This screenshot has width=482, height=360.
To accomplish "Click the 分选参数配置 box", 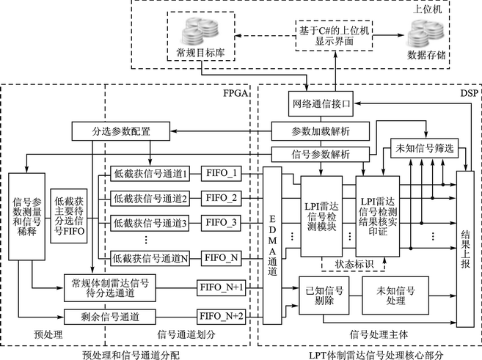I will click(x=120, y=131).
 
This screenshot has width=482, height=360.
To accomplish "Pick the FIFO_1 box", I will click(x=222, y=174).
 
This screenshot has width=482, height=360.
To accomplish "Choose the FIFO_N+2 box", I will click(x=224, y=317).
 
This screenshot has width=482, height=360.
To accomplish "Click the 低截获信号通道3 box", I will click(x=151, y=222).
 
